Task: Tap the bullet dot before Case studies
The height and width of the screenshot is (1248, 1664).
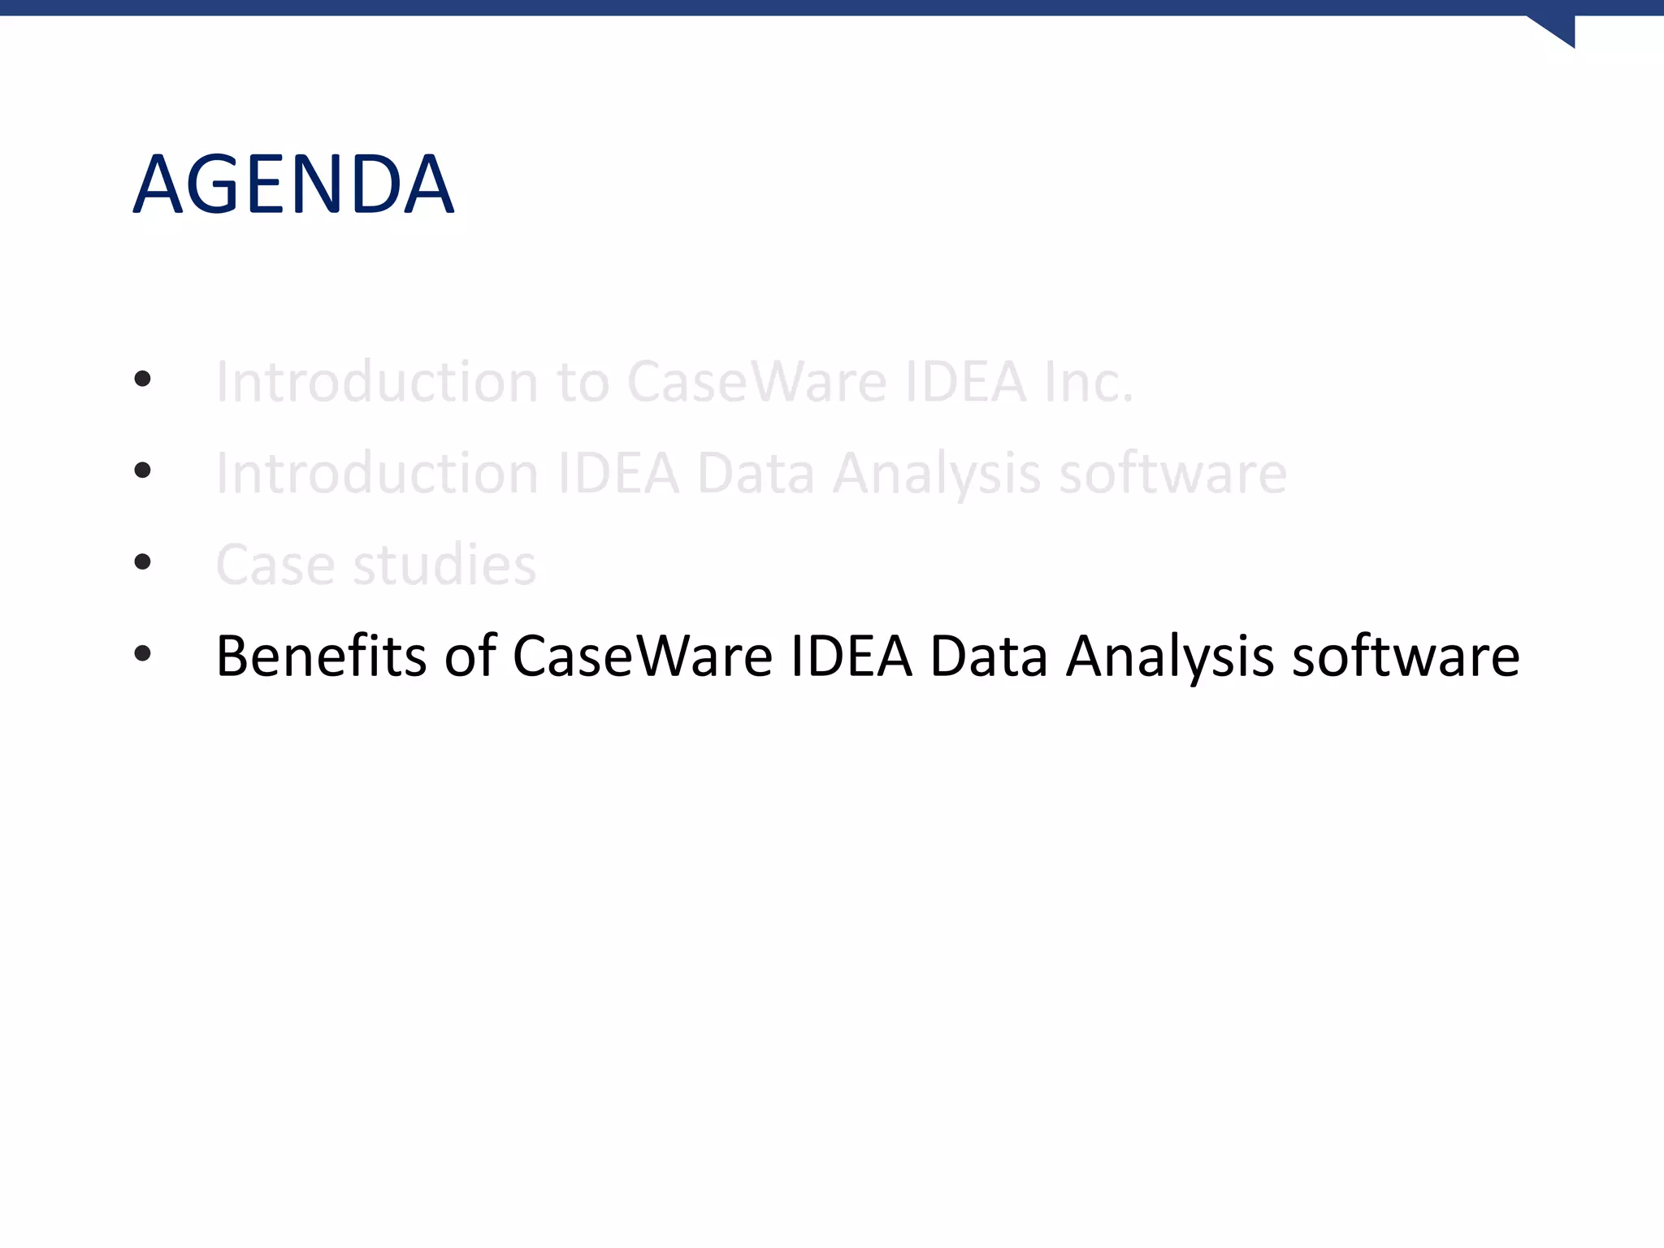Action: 143,561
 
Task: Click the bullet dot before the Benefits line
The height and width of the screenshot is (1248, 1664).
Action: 143,653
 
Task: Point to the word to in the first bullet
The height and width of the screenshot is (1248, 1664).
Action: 583,382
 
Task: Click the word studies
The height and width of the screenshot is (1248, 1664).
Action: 444,564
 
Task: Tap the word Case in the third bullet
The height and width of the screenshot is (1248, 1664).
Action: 275,564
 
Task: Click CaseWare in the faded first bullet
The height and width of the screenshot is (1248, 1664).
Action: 756,381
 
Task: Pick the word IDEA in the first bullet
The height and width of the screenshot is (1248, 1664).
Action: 965,381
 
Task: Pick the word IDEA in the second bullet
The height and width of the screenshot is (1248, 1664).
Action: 618,473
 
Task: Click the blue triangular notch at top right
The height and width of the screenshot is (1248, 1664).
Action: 1557,28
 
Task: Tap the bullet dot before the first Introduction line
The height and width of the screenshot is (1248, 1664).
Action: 143,379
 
